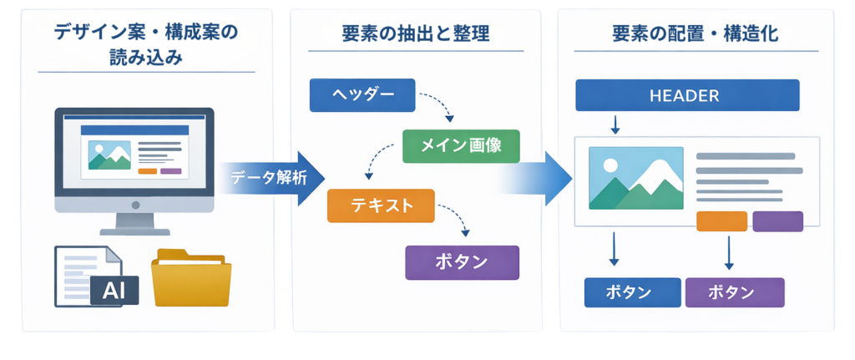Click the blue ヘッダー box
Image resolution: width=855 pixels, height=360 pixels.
[362, 95]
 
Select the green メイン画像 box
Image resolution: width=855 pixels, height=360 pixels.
[461, 146]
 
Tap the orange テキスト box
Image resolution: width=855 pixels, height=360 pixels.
[381, 205]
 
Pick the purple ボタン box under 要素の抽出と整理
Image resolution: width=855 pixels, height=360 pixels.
[462, 262]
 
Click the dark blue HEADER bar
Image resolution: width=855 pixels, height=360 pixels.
[687, 95]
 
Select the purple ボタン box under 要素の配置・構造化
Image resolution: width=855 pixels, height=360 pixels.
[735, 293]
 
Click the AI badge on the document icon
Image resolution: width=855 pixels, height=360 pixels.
[114, 290]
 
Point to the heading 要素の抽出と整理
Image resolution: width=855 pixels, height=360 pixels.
[415, 34]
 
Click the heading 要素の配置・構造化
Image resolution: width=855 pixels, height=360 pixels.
[696, 34]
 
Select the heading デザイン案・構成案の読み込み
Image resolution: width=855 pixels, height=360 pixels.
[146, 44]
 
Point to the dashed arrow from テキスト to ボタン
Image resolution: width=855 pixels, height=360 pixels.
[456, 219]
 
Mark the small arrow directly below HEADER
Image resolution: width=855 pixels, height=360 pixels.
[615, 124]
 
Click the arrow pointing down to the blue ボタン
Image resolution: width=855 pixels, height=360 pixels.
[615, 249]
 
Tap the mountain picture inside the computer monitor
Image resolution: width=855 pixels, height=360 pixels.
[109, 155]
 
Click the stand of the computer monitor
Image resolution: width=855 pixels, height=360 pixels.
[134, 223]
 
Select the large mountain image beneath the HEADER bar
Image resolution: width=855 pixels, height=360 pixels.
[635, 178]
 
